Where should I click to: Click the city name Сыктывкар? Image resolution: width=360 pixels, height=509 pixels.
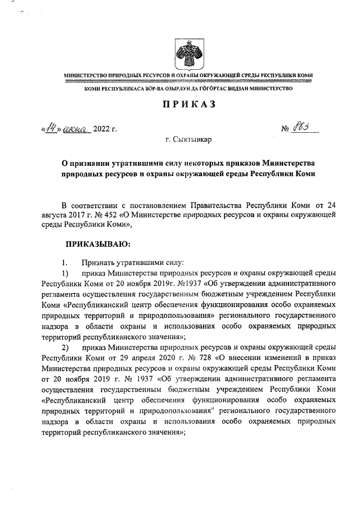point(193,138)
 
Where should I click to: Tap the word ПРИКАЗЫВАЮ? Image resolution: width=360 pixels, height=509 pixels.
point(98,244)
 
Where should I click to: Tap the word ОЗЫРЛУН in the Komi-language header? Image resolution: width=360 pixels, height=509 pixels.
point(166,89)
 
